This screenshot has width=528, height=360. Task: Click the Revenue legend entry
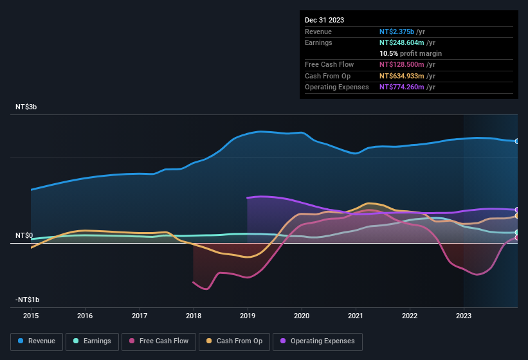37,341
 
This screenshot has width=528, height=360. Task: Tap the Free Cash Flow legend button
159,341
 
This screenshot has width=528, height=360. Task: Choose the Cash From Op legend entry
234,341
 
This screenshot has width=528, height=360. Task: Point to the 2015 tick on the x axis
31,316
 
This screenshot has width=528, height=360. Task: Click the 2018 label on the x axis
194,316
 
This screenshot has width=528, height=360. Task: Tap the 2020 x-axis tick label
302,316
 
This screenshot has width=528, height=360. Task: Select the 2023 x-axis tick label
464,316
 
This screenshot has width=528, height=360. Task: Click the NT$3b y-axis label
26,107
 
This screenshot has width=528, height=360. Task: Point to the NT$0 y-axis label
24,236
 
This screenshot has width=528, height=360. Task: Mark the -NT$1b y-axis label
28,300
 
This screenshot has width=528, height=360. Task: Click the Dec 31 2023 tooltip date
324,20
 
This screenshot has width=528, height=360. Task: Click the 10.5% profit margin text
410,53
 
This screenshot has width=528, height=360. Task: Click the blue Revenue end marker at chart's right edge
517,141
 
